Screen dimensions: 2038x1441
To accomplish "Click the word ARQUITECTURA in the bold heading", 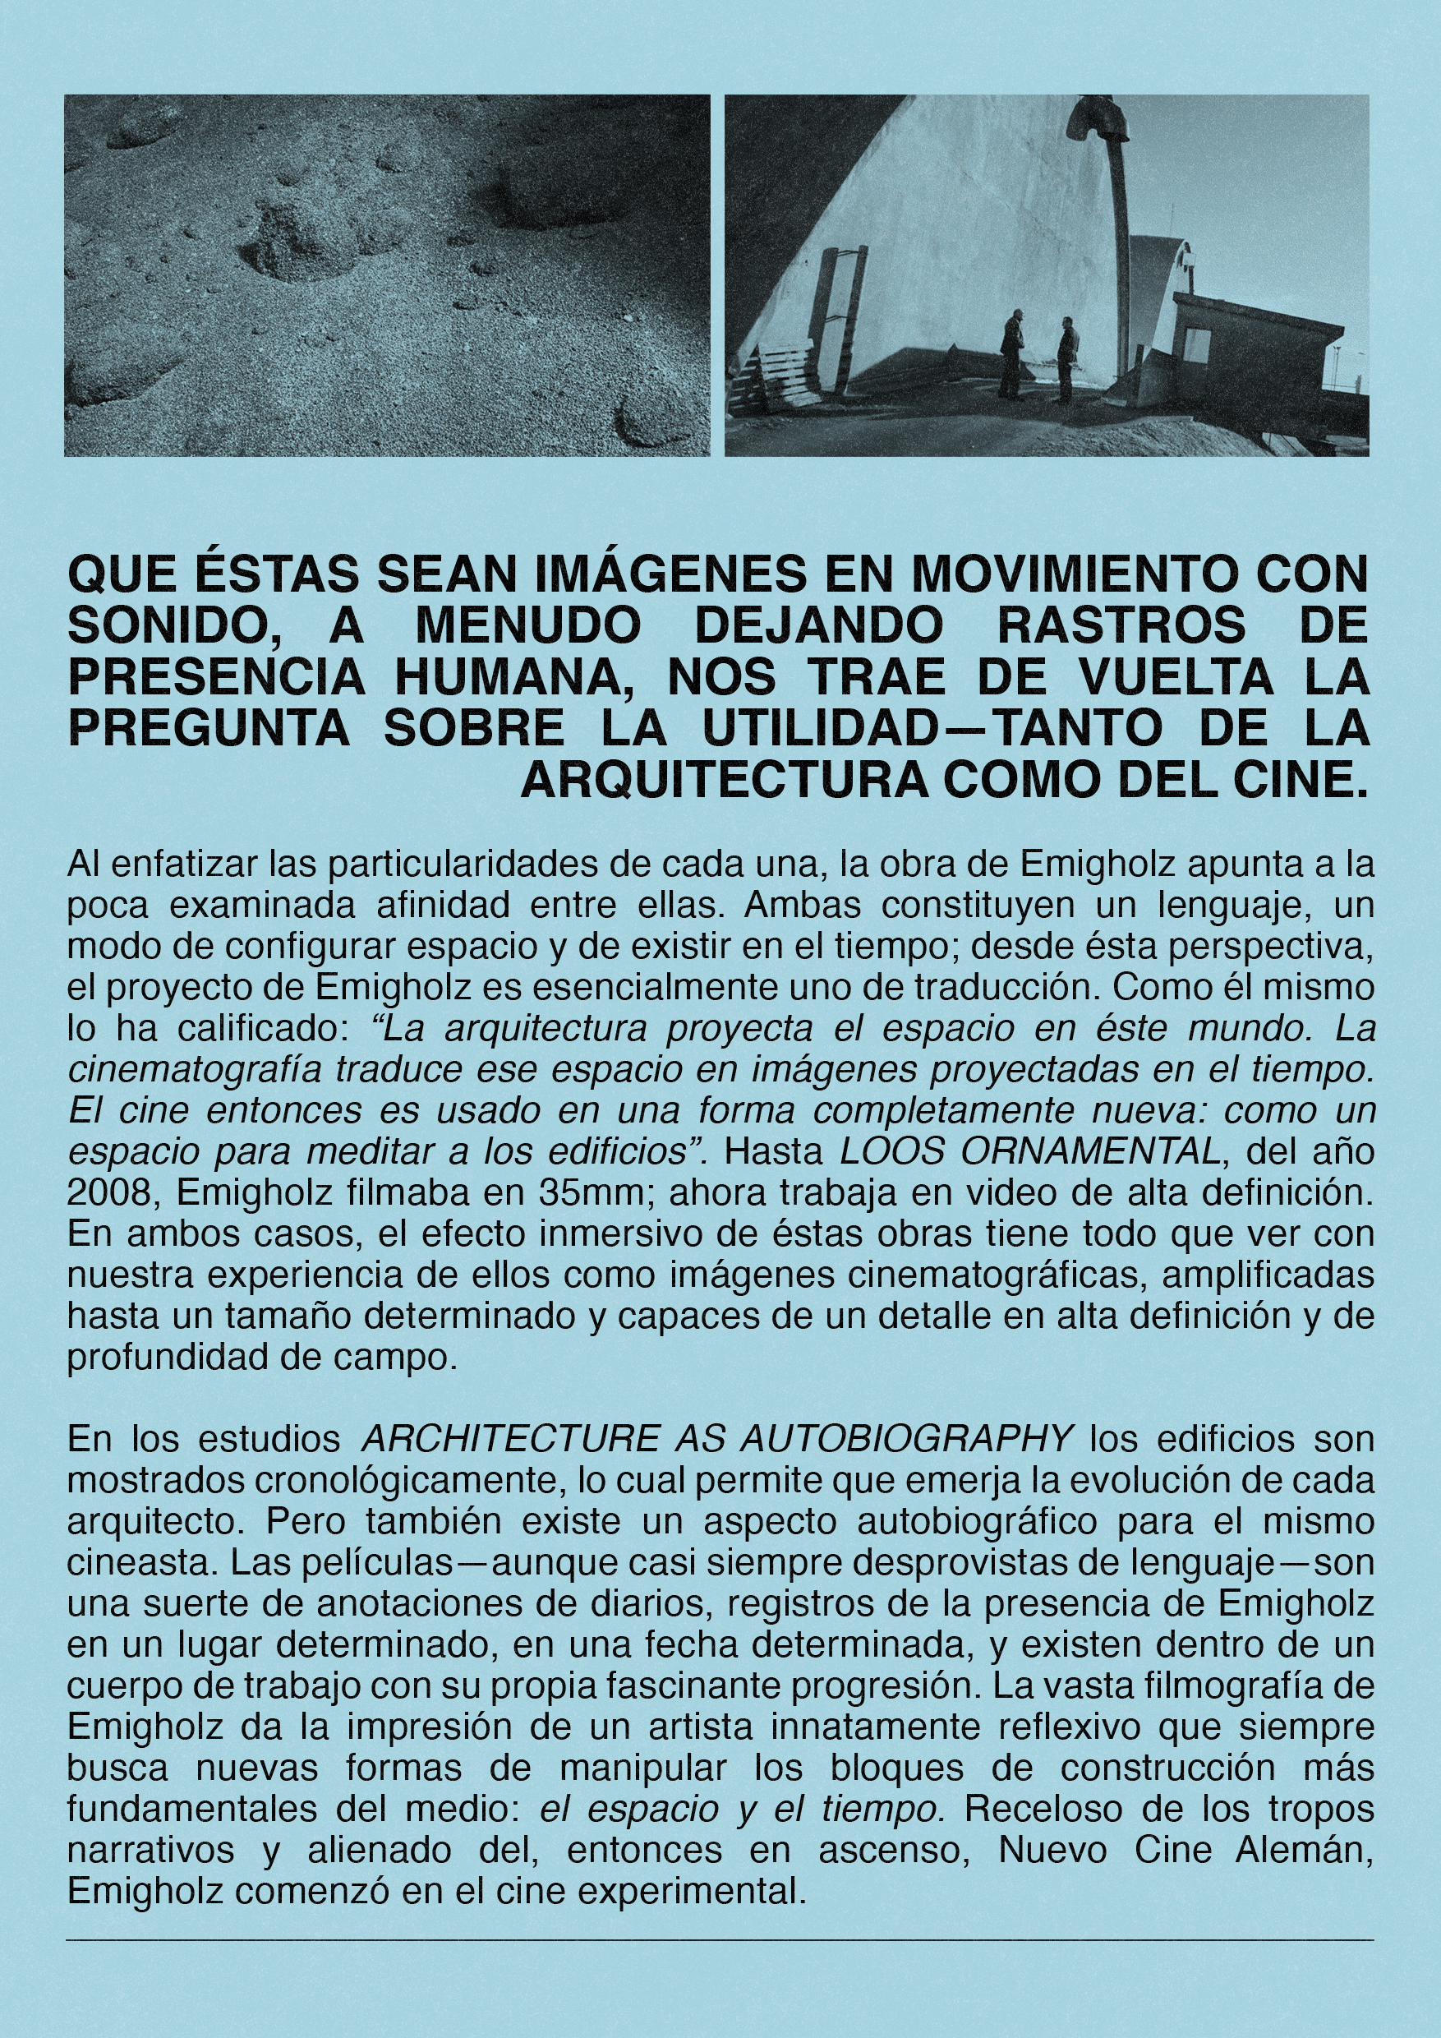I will [724, 779].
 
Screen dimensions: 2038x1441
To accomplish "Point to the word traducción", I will [1006, 987].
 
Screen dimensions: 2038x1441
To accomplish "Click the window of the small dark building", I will [1195, 344].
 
